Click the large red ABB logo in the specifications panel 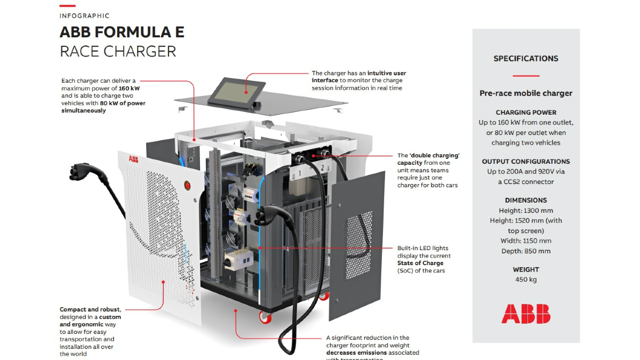click(x=525, y=314)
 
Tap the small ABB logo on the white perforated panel click(x=132, y=159)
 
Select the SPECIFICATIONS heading click(x=525, y=59)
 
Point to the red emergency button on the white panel click(x=187, y=186)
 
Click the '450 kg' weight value click(x=525, y=279)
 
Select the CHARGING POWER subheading click(x=525, y=113)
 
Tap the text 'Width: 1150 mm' click(x=525, y=241)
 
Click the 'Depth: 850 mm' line click(x=525, y=251)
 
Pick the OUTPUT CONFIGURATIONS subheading click(x=525, y=162)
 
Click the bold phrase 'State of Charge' click(x=420, y=263)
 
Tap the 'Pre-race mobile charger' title click(x=525, y=93)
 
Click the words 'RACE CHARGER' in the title click(x=118, y=51)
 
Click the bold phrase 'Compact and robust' click(x=90, y=309)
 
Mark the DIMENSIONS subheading click(x=525, y=201)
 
